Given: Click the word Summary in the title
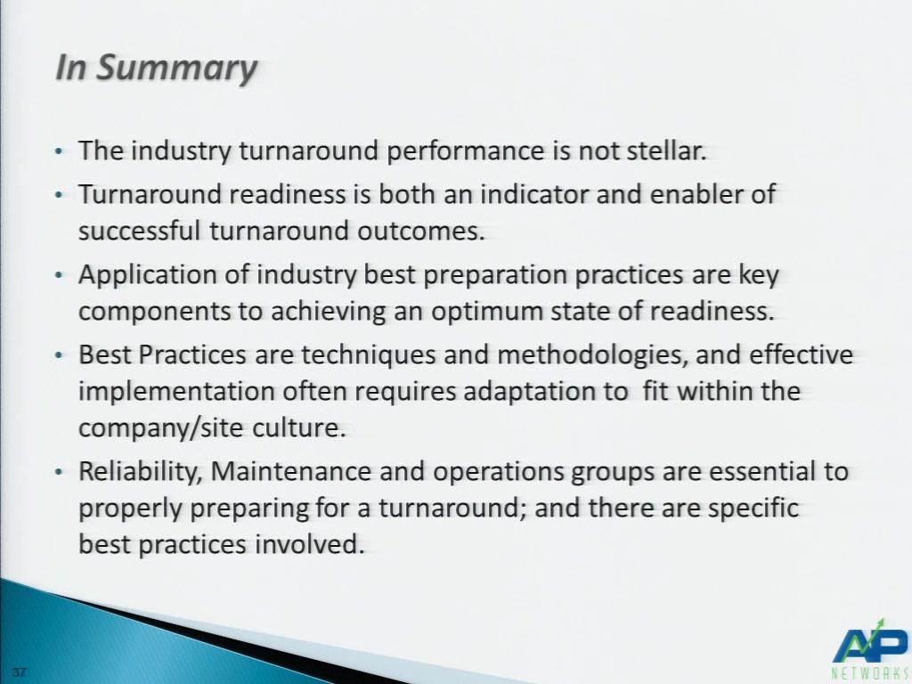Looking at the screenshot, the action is [176, 69].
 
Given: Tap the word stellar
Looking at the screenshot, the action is [666, 150].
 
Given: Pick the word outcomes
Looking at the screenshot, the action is [420, 231].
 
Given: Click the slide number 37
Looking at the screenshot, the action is [20, 672].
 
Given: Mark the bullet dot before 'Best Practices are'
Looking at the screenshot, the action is [58, 355].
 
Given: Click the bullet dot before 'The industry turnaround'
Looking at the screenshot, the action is [58, 151].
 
